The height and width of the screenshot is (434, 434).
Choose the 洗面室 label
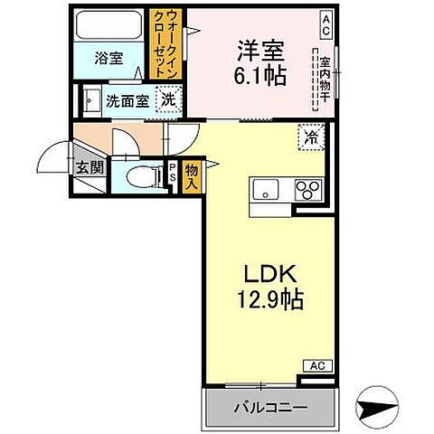tap(127, 100)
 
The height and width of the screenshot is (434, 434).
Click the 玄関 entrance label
tap(88, 167)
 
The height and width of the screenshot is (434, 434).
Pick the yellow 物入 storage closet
tap(191, 175)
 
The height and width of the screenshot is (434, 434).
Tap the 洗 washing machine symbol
tap(168, 99)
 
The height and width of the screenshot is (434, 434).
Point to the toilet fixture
tap(139, 175)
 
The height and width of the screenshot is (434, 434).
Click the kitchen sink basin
tap(266, 189)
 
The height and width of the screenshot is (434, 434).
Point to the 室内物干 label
tap(324, 78)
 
